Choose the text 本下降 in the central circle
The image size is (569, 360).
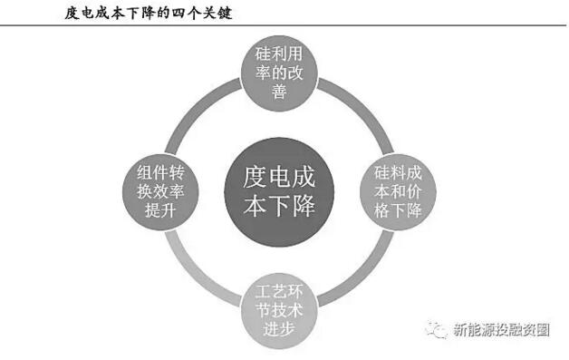click(x=279, y=205)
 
